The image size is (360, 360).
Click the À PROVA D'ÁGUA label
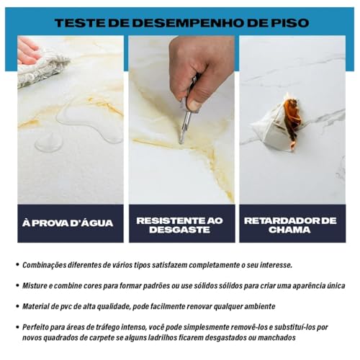[x=68, y=223]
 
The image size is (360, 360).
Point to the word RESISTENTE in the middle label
[x=168, y=220]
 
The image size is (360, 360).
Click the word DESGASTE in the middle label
[x=179, y=230]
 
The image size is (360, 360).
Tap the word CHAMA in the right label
[x=289, y=230]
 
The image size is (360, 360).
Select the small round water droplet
[x=48, y=143]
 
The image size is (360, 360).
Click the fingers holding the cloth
[x=27, y=52]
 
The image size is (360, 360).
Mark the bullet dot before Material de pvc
[x=17, y=306]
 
